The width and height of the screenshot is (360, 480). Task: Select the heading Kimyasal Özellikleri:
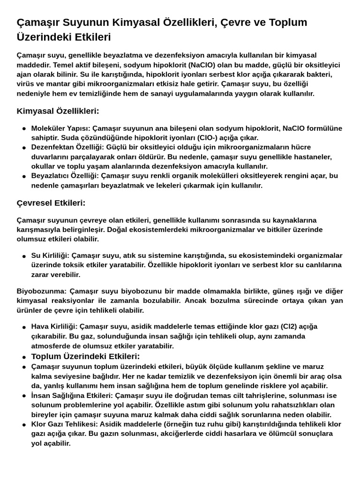[x=58, y=111]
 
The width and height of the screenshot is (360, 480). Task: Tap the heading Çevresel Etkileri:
[x=51, y=203]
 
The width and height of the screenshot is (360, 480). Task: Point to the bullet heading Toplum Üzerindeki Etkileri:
[x=85, y=356]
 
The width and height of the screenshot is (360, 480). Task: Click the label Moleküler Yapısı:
[x=60, y=128]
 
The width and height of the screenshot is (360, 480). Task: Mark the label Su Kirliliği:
[x=50, y=255]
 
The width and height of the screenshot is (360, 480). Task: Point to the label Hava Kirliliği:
[x=54, y=326]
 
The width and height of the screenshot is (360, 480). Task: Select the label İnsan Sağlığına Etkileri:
[x=72, y=396]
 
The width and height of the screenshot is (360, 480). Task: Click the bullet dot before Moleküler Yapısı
[x=24, y=128]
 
